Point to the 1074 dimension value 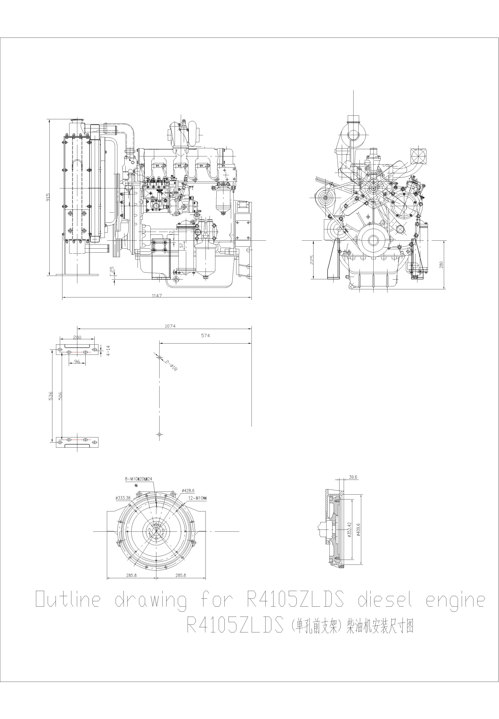click(x=170, y=326)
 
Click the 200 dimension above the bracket click(x=77, y=337)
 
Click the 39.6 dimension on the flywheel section click(x=353, y=477)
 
